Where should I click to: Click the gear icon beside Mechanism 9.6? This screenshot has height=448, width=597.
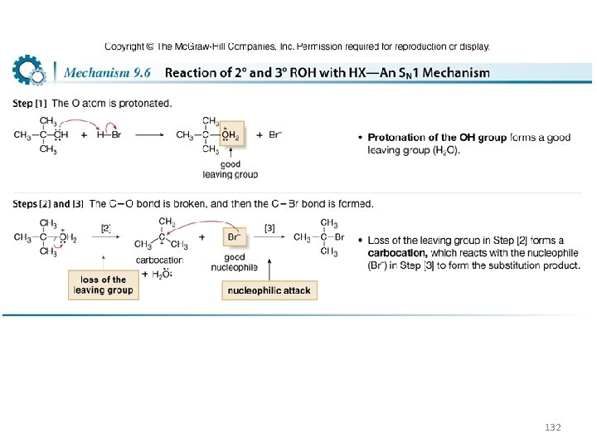pos(29,71)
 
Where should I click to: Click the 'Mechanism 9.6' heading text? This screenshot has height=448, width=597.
pos(107,73)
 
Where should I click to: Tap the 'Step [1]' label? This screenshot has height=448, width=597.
pos(29,104)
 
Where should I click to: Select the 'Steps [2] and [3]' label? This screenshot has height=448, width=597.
pos(48,203)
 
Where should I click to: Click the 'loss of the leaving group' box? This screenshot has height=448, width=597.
pos(103,285)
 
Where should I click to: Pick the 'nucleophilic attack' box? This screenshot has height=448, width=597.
pos(269,290)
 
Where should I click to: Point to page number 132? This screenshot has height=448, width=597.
pos(552,426)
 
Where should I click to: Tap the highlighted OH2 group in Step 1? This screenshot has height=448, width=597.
pos(230,135)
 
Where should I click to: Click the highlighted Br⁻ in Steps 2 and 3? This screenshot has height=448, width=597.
pos(235,236)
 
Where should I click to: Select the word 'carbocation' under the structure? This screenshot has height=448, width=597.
pos(158,260)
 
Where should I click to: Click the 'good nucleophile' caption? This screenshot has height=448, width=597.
pos(235,262)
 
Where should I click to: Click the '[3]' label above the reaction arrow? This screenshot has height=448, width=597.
pos(269,228)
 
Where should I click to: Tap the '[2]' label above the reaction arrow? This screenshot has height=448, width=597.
pos(106,228)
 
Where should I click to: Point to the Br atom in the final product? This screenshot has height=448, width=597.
pos(339,237)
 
